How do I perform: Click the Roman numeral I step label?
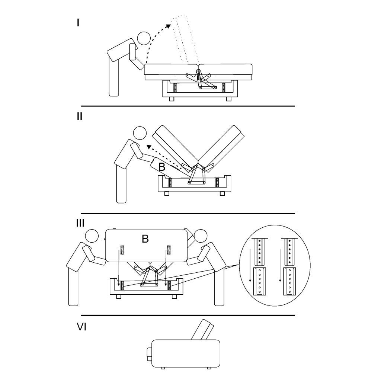78,23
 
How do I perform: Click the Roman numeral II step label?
80,116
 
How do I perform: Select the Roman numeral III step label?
80,223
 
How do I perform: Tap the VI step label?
81,327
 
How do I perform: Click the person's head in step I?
144,38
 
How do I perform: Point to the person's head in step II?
140,133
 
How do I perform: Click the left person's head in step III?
92,236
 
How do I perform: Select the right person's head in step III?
201,236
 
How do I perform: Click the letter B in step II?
161,167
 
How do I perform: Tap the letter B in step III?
145,239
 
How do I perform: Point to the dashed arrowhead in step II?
149,147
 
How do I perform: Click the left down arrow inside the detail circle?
250,265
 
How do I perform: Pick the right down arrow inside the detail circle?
280,265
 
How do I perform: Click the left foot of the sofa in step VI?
163,368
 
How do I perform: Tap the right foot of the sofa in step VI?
209,368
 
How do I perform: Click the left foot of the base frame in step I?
172,99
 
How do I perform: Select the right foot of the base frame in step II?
222,193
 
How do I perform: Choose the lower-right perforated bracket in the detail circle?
289,282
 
